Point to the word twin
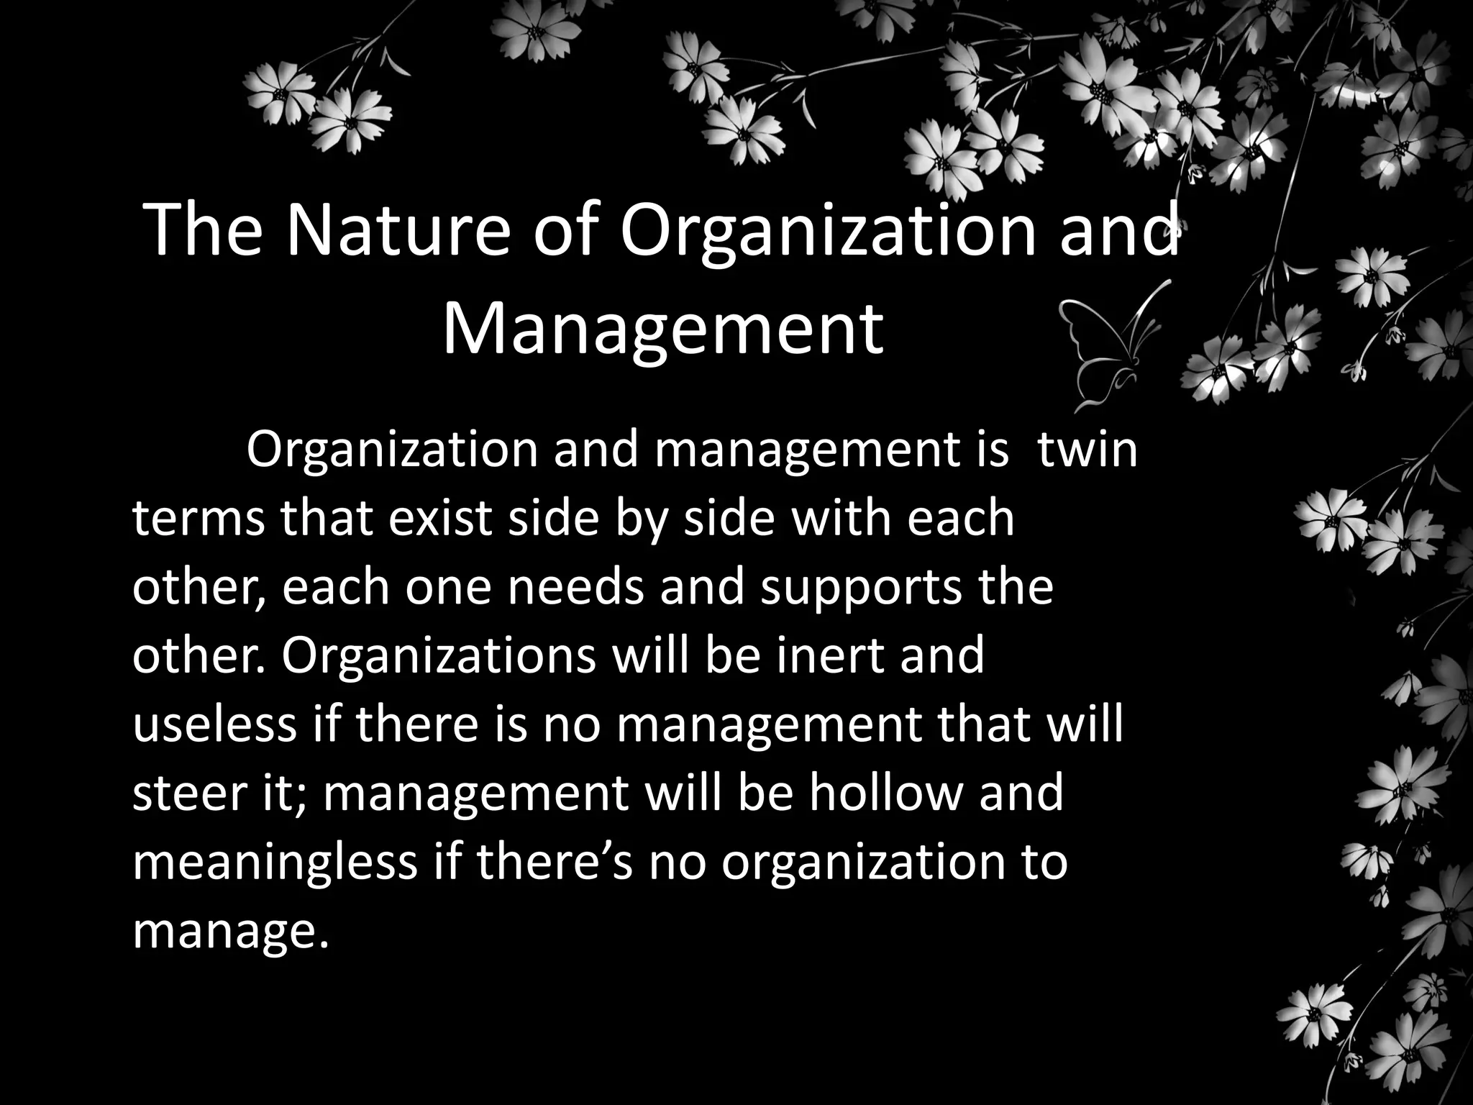pos(1087,450)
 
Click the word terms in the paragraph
pos(199,519)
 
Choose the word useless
pos(214,724)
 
